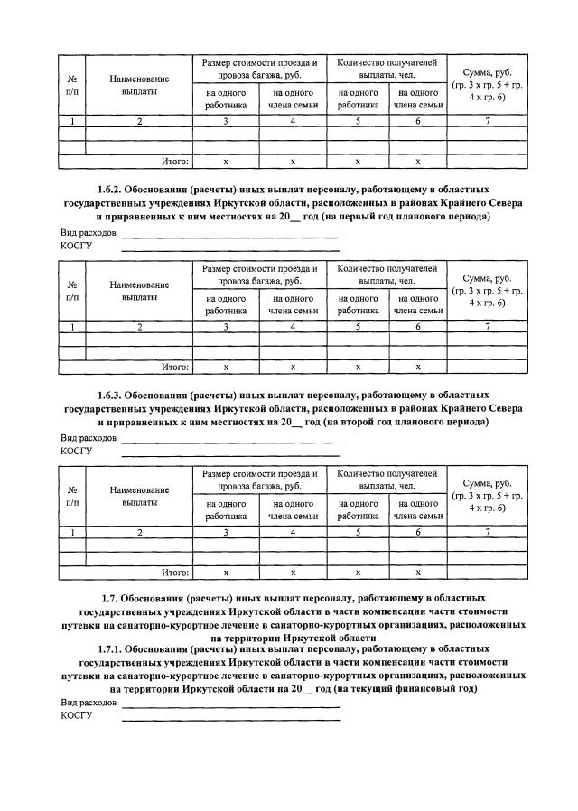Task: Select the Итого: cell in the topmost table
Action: tap(174, 162)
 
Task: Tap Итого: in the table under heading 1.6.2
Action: tap(174, 368)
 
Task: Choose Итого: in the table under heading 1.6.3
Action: tap(174, 572)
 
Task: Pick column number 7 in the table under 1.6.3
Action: tap(488, 533)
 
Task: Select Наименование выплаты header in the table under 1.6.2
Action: tap(139, 290)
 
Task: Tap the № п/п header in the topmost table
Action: tap(71, 85)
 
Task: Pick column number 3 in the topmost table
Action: tap(227, 121)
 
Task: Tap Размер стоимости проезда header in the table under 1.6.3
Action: tap(260, 480)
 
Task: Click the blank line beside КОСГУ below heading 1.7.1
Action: tap(230, 719)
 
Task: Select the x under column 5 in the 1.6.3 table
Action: tap(359, 573)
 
